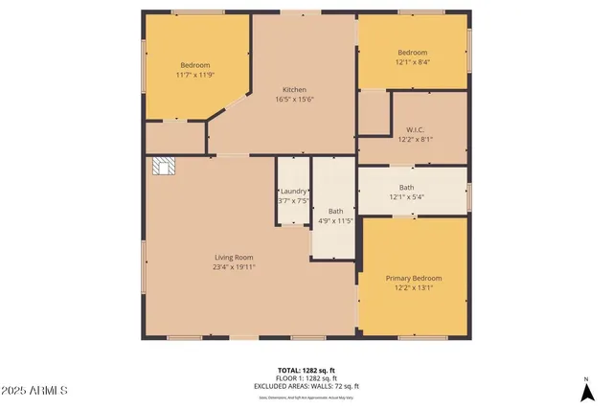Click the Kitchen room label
click(294, 89)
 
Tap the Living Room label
click(234, 257)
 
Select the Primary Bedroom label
click(413, 278)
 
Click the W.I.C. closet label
click(414, 129)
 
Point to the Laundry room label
click(293, 192)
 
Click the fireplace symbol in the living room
click(164, 168)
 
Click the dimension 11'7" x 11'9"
click(194, 74)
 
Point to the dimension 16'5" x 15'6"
click(294, 100)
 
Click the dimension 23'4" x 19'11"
click(234, 267)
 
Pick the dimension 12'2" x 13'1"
click(413, 288)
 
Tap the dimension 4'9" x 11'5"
click(335, 221)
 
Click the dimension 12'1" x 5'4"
click(407, 197)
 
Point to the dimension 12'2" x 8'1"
click(414, 140)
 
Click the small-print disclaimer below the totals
click(306, 395)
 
